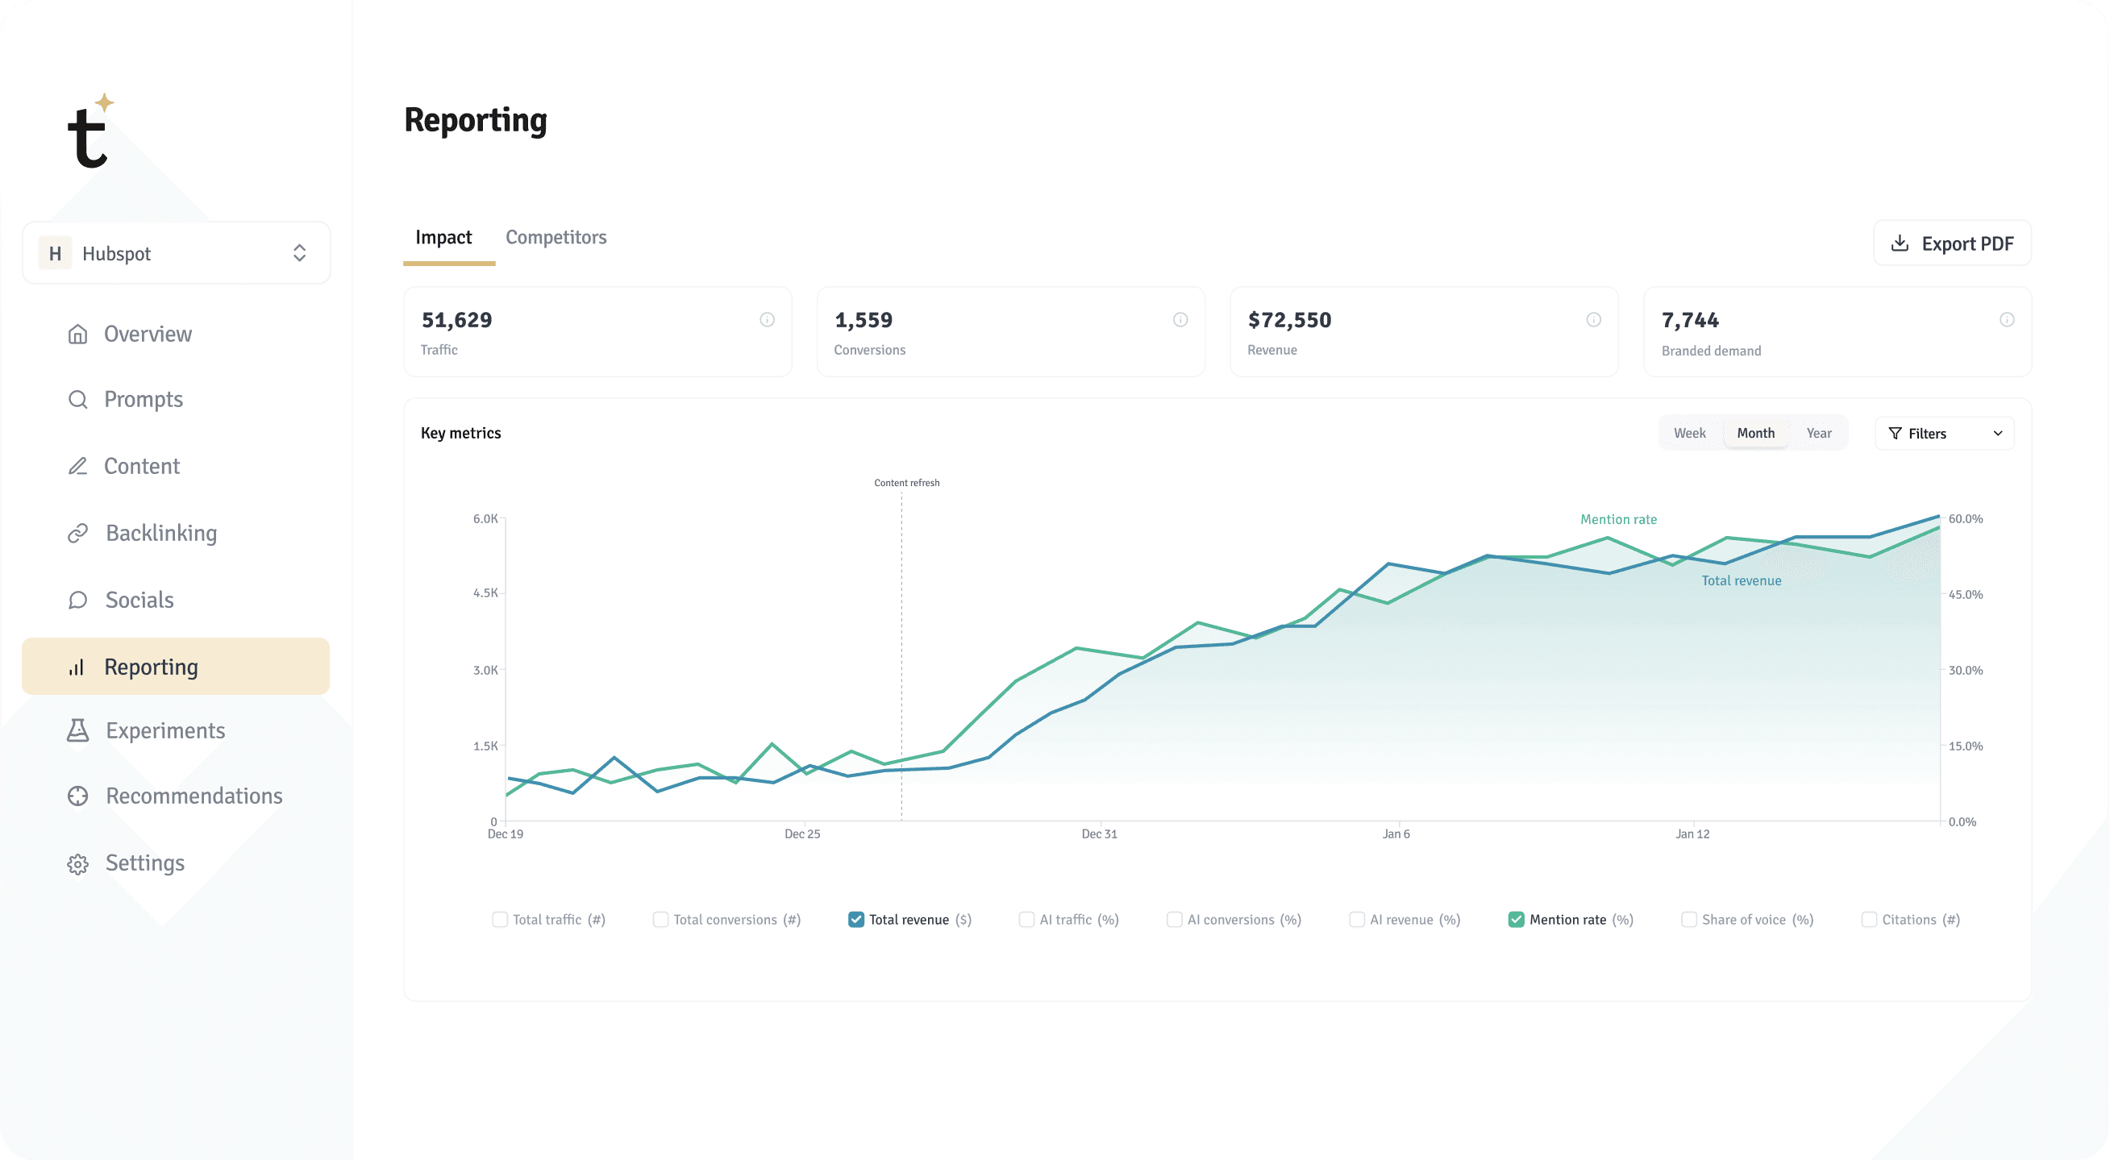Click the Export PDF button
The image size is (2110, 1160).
(1952, 243)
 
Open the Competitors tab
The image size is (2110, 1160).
(556, 238)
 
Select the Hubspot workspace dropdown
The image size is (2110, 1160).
(176, 253)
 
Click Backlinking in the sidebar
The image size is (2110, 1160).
(160, 534)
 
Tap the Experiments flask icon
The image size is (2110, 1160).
(78, 730)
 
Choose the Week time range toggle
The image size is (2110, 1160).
(1689, 434)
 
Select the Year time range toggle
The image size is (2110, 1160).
(1818, 434)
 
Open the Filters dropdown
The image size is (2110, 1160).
(1944, 434)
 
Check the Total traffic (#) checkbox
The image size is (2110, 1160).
(500, 919)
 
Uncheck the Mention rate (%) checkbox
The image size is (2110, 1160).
(1516, 919)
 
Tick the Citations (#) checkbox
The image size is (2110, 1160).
(1869, 919)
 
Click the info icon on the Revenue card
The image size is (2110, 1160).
(1593, 319)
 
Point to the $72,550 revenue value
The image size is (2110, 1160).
(1289, 320)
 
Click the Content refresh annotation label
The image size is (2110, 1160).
(907, 483)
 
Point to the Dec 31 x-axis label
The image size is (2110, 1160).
(1099, 834)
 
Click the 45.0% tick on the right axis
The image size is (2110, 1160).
(1965, 595)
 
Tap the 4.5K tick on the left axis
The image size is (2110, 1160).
(485, 592)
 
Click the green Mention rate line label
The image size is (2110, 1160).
(1617, 519)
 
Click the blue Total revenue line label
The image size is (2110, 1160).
(1741, 581)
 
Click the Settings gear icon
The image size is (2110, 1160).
(78, 864)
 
